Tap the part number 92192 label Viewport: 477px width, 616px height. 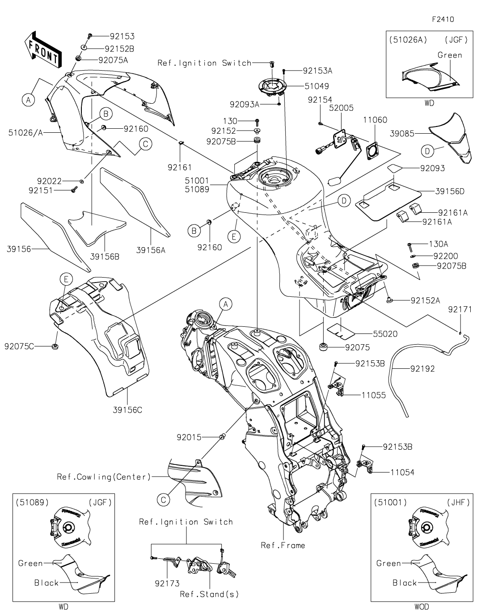click(422, 369)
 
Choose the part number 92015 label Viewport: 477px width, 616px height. click(190, 437)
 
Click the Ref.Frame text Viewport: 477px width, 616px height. click(283, 545)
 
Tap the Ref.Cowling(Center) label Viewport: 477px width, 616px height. click(104, 477)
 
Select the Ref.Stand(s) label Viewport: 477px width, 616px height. click(209, 594)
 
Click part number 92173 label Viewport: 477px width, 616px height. click(167, 583)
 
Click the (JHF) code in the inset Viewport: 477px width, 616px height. click(458, 502)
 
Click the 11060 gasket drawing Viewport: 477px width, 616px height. click(372, 150)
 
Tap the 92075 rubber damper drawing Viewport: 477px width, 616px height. click(322, 347)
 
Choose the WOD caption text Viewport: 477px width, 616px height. click(421, 607)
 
